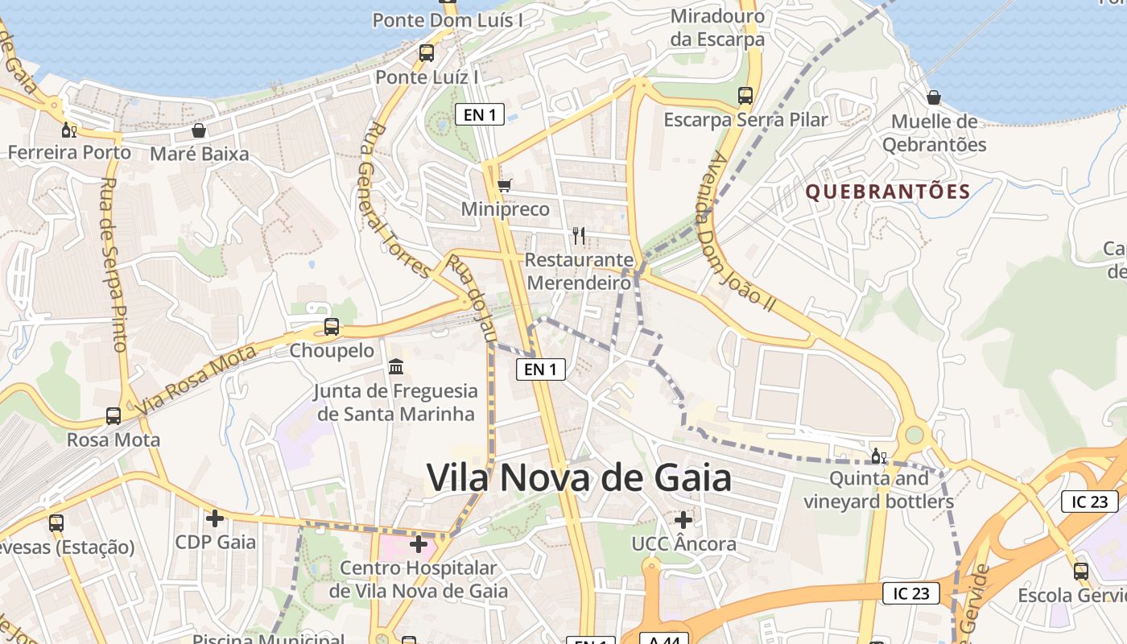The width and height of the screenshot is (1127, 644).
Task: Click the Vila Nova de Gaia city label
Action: pos(579,477)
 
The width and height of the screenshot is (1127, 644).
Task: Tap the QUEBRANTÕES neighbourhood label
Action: pos(888,192)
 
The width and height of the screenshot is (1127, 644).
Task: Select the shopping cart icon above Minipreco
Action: pos(505,186)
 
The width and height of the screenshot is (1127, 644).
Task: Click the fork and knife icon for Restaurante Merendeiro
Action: pos(579,235)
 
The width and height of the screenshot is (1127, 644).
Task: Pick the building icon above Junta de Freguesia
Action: pos(396,367)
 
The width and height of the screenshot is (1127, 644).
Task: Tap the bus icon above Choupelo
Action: pos(332,327)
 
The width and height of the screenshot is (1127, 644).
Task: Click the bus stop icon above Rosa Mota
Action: pos(114,416)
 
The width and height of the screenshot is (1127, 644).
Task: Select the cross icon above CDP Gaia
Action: pos(215,518)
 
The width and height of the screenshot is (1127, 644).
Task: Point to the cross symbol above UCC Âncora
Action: pos(683,520)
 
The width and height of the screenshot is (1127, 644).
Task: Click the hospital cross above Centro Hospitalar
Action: pos(419,544)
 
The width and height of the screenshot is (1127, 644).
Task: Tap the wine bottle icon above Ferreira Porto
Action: pos(69,130)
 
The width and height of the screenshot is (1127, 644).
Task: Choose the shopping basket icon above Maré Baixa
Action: pos(199,130)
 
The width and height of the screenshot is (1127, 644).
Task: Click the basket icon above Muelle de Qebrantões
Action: pos(934,97)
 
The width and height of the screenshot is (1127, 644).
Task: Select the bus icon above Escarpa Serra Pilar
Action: pos(745,96)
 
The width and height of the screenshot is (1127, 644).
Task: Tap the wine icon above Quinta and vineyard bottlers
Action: pos(878,456)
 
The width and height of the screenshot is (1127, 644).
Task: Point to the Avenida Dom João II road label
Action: pos(736,229)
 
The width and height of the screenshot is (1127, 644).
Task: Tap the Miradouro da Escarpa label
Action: pos(717,27)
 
